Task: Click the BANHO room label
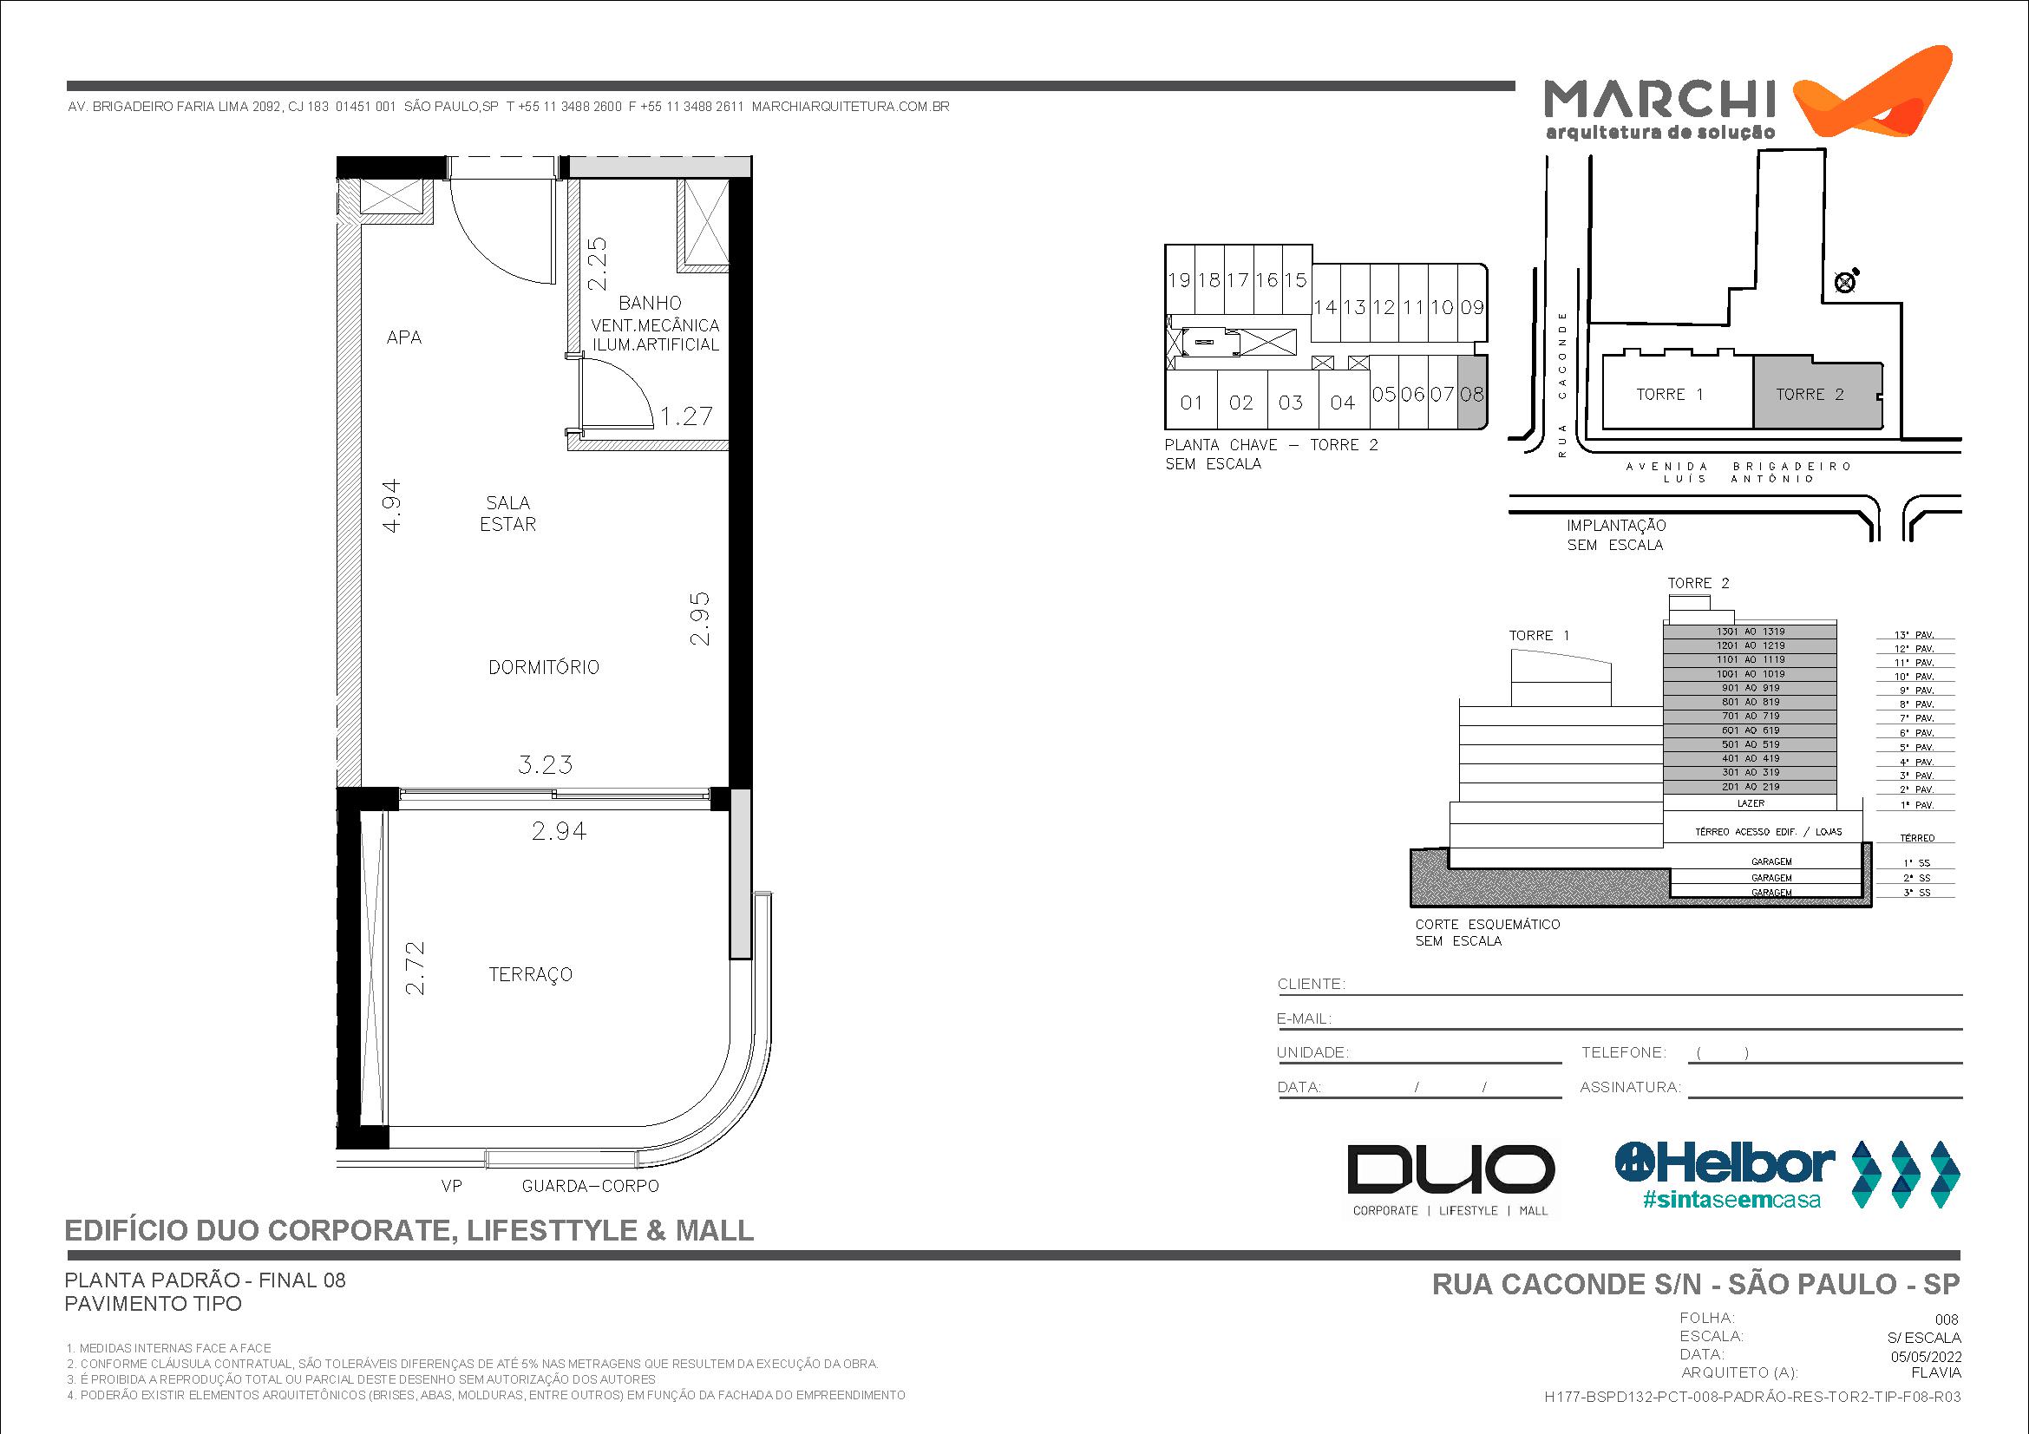[650, 303]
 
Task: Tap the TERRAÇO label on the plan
[530, 974]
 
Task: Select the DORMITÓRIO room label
[544, 667]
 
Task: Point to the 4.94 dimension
[391, 506]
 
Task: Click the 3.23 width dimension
[546, 764]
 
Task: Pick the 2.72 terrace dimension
[415, 968]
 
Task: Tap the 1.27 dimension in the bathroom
[687, 416]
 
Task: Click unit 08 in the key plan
[1472, 394]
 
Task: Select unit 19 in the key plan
[1179, 280]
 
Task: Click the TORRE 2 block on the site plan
[1810, 395]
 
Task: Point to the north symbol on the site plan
[1846, 282]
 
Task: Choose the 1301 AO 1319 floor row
[1751, 632]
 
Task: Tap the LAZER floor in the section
[1751, 803]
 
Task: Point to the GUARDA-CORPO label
[591, 1186]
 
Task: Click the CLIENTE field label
[1312, 985]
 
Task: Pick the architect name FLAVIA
[1935, 1373]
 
